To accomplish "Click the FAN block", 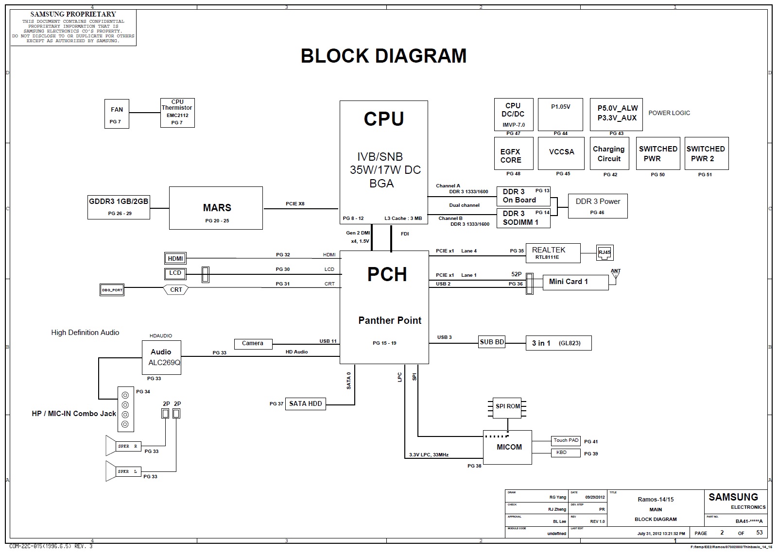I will point(117,114).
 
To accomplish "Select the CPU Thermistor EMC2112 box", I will point(177,113).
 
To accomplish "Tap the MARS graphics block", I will point(216,208).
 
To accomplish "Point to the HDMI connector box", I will point(175,258).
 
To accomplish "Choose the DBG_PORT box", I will point(112,290).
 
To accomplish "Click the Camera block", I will point(253,343).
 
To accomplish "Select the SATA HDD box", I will point(305,403).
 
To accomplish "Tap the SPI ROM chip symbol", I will point(507,406).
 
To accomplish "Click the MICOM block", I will point(509,447).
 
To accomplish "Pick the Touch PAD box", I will point(566,440).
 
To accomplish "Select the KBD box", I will point(566,452).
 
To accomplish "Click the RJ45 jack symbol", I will point(605,252).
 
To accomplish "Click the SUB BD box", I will point(492,342).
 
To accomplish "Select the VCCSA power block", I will point(561,153).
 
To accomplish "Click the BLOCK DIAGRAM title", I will point(383,56).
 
